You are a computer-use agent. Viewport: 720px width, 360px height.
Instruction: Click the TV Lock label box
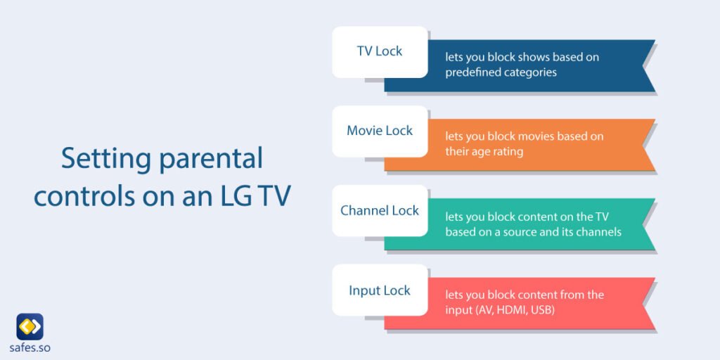point(380,51)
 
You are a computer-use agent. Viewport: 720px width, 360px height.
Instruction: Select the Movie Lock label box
point(380,131)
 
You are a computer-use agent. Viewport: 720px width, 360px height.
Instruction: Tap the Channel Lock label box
point(380,210)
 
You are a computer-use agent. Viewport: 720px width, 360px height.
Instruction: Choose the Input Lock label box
point(380,290)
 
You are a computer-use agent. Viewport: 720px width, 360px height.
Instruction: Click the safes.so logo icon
point(30,326)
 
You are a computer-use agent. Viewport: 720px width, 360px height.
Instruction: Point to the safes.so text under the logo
point(30,348)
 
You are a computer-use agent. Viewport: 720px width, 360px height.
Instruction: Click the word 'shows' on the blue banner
point(536,57)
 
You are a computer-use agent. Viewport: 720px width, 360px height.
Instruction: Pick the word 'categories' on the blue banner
point(531,72)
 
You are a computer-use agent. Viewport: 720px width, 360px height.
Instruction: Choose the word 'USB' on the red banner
point(543,309)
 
